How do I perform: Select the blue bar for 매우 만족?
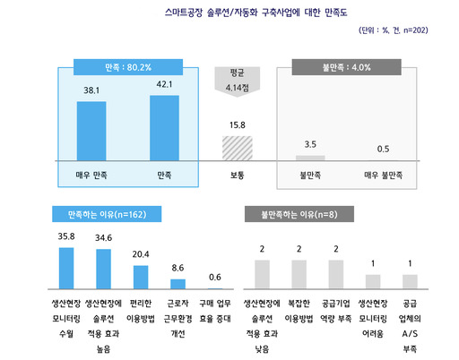click(x=91, y=131)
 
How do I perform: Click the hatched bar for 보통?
click(x=238, y=148)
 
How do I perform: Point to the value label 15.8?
click(x=238, y=125)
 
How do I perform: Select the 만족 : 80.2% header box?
click(x=127, y=66)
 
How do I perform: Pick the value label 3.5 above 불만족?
click(x=311, y=144)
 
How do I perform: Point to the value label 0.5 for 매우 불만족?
click(x=384, y=149)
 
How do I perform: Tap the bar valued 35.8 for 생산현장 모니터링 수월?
click(x=65, y=267)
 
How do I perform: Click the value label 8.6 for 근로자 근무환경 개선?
click(x=177, y=267)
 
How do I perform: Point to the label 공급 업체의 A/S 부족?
click(x=410, y=321)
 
